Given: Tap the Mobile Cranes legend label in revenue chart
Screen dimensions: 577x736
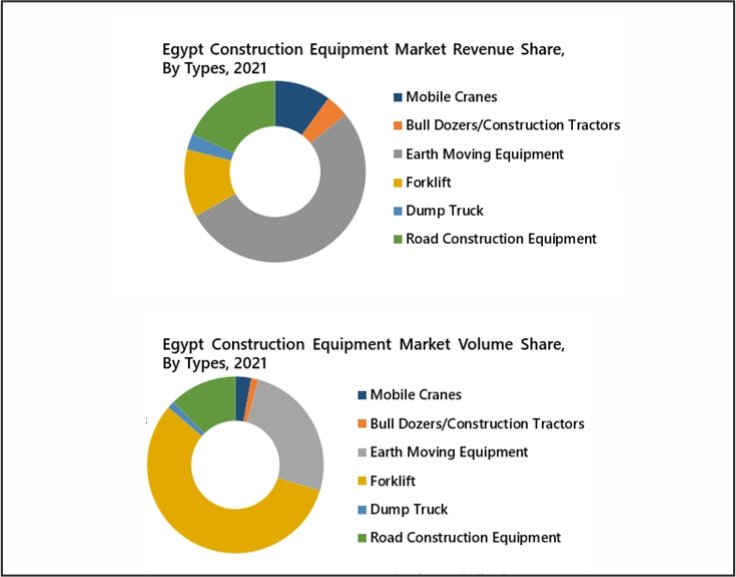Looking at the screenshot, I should [x=451, y=97].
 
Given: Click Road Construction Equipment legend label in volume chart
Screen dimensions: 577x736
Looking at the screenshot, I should [x=465, y=537].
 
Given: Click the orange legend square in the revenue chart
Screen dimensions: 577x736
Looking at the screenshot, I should [x=397, y=126].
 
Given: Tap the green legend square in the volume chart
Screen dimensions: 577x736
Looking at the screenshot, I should [x=362, y=538].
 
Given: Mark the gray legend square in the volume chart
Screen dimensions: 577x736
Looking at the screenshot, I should [x=362, y=453].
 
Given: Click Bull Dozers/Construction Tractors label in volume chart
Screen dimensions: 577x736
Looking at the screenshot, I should [x=477, y=423].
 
